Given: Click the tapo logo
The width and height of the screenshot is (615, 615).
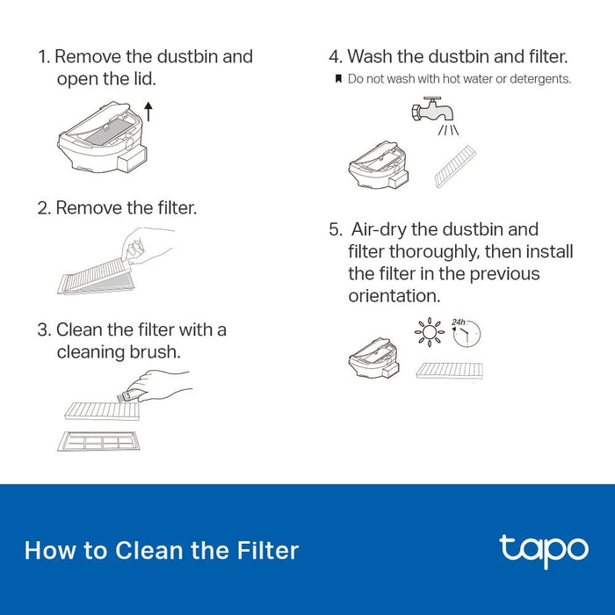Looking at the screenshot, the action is click(544, 551).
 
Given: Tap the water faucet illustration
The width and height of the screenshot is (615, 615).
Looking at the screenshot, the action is click(432, 110).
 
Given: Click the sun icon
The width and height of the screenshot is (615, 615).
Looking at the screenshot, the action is click(430, 332).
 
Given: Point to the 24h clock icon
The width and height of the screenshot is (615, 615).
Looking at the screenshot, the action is click(466, 333).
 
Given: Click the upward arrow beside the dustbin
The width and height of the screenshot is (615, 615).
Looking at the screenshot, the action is click(148, 112).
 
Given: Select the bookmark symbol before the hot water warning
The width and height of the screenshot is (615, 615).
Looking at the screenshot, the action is click(338, 79).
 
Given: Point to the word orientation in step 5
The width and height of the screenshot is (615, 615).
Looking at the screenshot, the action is click(394, 296).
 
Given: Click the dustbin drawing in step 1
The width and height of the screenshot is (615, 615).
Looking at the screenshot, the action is click(103, 137).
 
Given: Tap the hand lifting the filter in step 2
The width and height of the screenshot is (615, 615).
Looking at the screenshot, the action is click(147, 245).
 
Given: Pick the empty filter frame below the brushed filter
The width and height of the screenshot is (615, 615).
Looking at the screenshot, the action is click(98, 441).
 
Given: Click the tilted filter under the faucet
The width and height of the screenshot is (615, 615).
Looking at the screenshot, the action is click(455, 166).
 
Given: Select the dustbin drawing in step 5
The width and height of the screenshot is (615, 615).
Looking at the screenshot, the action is click(373, 358).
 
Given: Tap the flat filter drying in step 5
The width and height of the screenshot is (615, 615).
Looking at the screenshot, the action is click(450, 371).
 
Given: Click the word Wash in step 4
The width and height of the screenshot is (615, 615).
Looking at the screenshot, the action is click(370, 56).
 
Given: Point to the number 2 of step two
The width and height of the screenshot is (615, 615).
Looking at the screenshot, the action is click(42, 208).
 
